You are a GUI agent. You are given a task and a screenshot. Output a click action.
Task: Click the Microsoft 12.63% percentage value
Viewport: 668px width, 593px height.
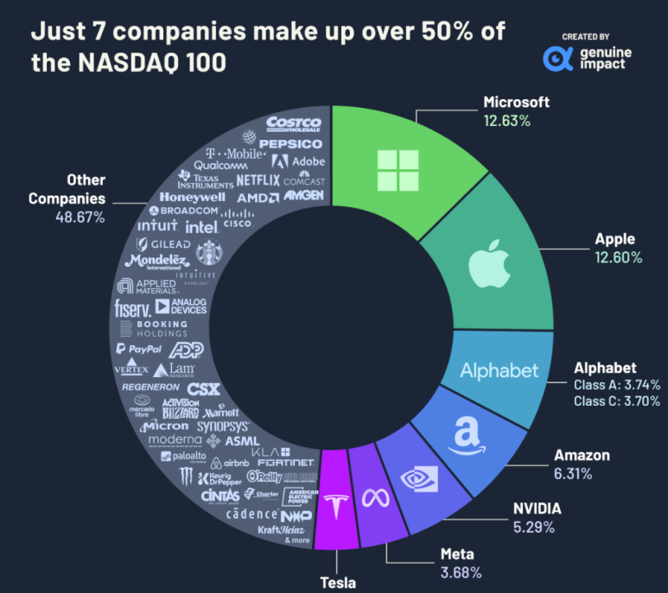[x=506, y=121]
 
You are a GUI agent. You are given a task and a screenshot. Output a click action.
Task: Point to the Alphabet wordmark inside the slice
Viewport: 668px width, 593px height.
[x=499, y=371]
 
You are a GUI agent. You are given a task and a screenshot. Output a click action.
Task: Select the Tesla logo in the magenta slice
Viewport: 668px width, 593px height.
[x=334, y=509]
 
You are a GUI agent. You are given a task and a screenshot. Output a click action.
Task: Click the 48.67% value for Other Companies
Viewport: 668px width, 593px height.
[x=81, y=218]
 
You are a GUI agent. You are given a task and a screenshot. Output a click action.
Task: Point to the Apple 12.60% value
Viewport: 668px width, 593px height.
[x=618, y=257]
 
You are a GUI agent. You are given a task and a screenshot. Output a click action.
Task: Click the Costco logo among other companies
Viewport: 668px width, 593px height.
[x=294, y=126]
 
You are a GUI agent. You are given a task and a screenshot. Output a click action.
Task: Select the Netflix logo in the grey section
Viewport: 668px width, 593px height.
[x=258, y=180]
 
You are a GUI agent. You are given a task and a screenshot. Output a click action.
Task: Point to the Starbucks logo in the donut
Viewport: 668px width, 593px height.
[x=207, y=251]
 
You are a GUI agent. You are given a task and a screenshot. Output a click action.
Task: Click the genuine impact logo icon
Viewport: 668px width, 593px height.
[x=557, y=58]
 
